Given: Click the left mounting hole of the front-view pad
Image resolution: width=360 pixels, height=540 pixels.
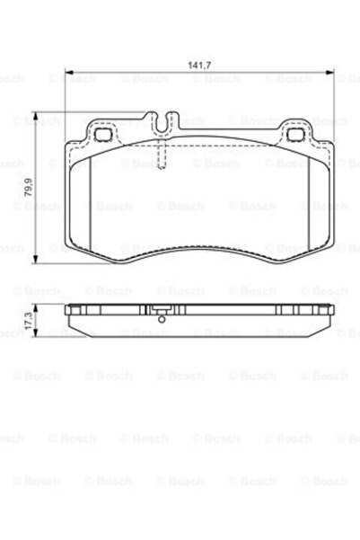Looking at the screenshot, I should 101,136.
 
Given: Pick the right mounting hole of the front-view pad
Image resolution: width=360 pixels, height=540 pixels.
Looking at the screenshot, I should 296,136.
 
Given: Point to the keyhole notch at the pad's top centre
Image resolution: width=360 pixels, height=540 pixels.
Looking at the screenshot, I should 162,121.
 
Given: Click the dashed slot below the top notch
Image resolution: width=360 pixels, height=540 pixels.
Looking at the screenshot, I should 162,156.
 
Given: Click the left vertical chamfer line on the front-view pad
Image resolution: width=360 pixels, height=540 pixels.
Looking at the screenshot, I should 92,207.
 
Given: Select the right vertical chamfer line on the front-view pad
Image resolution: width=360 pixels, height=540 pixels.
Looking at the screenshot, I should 307,207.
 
